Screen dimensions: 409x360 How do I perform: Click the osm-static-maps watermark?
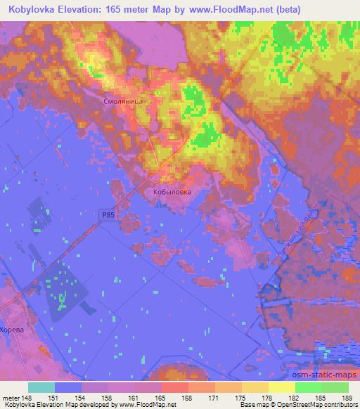point(330,374)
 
